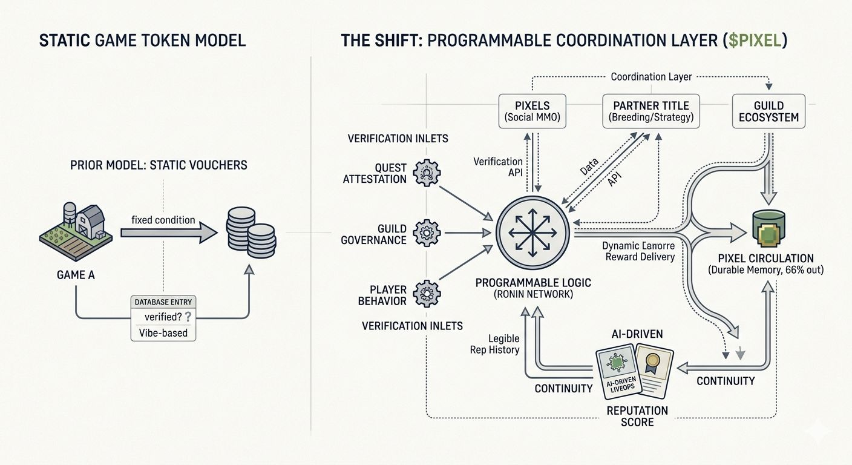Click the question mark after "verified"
(x=188, y=316)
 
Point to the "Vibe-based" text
(x=163, y=332)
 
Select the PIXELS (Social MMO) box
(x=532, y=110)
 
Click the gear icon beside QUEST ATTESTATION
(x=426, y=173)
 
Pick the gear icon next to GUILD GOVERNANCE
(x=427, y=232)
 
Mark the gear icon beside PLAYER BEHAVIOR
(x=427, y=293)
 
